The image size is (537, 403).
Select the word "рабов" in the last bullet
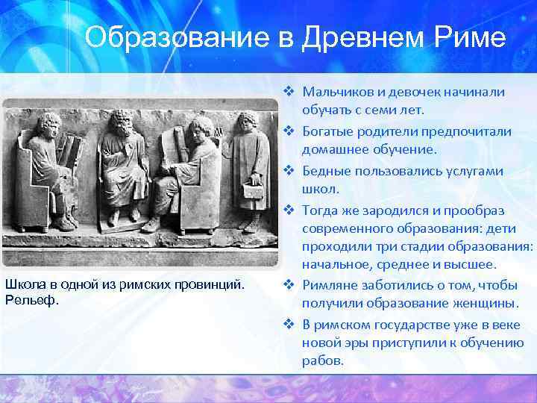click(322, 360)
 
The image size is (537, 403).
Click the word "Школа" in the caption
click(23, 284)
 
